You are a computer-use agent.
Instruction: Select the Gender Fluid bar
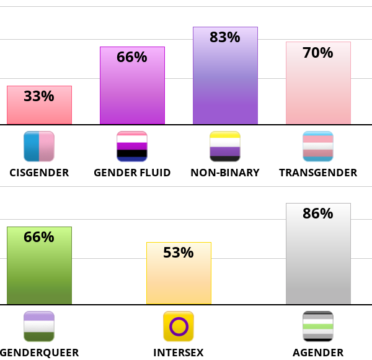point(132,93)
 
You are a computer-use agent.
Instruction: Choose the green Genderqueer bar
point(39,273)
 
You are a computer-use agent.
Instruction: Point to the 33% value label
point(39,96)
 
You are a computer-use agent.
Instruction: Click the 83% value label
point(225,37)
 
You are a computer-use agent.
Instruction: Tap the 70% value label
point(318,53)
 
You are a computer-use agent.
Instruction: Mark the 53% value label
point(179,253)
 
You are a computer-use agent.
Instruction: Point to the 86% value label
point(318,214)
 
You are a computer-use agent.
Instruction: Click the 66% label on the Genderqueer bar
point(39,237)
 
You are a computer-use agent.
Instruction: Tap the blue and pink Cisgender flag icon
point(39,146)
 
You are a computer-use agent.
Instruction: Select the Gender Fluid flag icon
point(132,146)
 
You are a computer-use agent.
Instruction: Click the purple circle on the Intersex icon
point(179,326)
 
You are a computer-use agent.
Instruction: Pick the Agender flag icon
point(318,326)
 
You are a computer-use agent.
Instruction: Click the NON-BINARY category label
point(225,173)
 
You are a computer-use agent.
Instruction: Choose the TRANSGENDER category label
point(318,173)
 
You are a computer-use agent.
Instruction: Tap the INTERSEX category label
point(179,353)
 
